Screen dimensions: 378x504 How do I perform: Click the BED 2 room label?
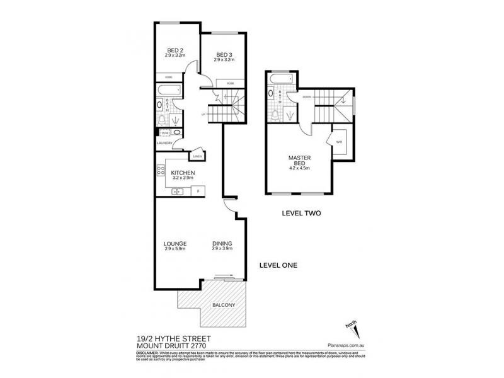pos(175,51)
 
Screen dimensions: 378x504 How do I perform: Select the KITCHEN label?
pos(181,173)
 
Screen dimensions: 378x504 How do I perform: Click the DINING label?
pos(222,244)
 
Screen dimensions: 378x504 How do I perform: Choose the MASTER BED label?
pos(300,161)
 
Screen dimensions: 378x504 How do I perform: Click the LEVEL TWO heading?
pos(301,214)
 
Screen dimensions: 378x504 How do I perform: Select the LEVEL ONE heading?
pos(278,265)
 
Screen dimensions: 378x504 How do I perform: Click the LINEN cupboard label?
pos(197,156)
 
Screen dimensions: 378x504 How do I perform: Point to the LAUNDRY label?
pos(164,143)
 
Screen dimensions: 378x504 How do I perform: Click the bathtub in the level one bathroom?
pos(169,91)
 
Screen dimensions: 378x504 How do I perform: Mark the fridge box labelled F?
pos(198,191)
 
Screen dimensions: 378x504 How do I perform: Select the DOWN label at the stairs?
pos(307,97)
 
